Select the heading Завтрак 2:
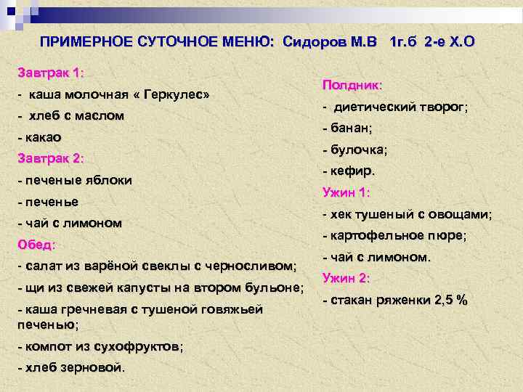(x=51, y=158)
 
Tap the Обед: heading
(x=36, y=244)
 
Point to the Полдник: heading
(x=352, y=85)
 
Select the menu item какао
(x=43, y=137)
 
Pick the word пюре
(x=450, y=236)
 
